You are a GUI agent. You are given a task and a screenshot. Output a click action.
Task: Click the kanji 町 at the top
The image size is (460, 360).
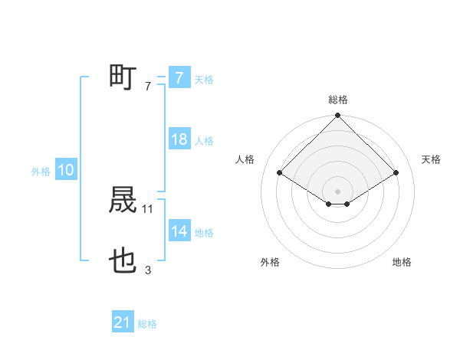(123, 77)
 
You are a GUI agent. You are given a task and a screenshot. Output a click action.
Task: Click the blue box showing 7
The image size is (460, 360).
(179, 78)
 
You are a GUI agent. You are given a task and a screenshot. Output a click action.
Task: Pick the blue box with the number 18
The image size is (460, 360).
(179, 139)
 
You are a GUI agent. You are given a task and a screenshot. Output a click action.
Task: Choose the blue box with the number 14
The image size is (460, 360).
(179, 231)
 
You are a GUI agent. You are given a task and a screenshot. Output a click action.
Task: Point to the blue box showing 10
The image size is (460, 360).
(66, 171)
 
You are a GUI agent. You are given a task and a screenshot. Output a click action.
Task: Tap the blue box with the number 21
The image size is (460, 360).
(123, 323)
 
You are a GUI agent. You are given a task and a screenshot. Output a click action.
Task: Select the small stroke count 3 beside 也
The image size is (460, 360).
(148, 270)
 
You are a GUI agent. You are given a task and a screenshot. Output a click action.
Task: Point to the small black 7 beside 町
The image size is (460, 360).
(148, 87)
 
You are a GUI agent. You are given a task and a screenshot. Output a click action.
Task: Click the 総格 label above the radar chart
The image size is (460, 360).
(337, 100)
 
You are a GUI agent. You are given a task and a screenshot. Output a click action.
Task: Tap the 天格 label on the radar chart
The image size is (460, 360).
(431, 159)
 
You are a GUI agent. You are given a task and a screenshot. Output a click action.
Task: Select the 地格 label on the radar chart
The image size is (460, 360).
(402, 263)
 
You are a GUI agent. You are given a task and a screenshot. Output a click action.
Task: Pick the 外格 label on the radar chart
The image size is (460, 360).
(270, 263)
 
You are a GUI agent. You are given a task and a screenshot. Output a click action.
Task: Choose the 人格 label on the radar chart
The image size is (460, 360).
(245, 159)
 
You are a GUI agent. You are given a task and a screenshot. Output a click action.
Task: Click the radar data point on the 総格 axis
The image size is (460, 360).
(337, 116)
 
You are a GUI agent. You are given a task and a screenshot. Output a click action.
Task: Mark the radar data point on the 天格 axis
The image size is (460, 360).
(396, 172)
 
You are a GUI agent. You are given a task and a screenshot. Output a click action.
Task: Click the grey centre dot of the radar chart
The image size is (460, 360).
(337, 191)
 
